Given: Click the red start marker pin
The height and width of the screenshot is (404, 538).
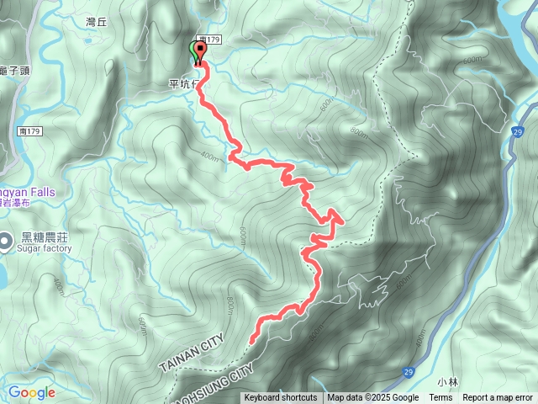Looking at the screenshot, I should (201, 51).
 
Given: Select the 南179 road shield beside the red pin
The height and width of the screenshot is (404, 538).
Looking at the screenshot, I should (209, 40).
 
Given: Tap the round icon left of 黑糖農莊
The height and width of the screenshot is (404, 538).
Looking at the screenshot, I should (7, 238).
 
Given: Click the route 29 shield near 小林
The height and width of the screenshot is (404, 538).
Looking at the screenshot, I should (408, 371).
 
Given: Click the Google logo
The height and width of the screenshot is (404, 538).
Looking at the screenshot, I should (32, 392).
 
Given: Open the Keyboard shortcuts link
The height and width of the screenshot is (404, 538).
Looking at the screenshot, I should (281, 398).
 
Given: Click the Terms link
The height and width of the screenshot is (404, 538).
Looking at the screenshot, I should (440, 398).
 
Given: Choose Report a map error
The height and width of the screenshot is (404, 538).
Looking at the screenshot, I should (497, 398).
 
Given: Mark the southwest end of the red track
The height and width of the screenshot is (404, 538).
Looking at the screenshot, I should (252, 339).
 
